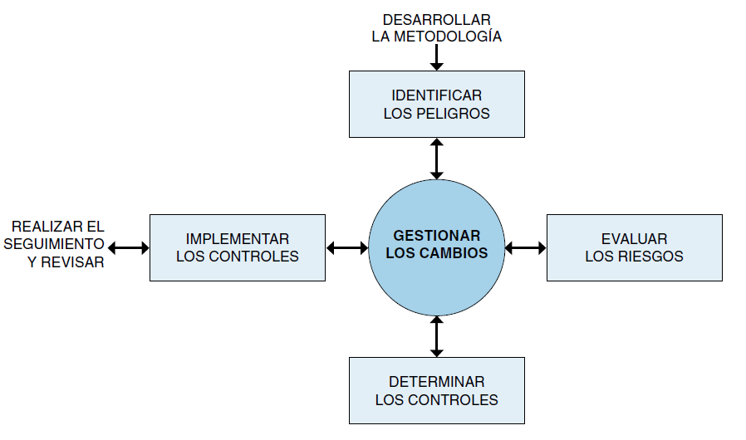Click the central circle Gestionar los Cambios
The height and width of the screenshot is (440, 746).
tap(436, 247)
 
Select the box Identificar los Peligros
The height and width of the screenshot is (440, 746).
tap(437, 104)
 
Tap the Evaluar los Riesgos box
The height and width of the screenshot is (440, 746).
tap(634, 247)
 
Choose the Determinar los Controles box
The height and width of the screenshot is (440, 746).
tap(437, 390)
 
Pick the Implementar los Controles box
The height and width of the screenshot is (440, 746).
tap(238, 247)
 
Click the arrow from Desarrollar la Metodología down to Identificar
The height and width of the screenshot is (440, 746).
tap(436, 57)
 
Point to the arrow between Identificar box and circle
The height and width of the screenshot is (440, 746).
tap(436, 159)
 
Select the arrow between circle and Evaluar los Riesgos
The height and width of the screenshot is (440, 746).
tap(525, 247)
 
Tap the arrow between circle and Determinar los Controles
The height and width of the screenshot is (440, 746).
tap(436, 336)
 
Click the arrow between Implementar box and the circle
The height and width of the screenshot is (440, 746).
tap(347, 247)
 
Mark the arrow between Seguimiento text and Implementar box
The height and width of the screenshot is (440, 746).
tap(129, 247)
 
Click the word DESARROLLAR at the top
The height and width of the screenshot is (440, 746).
tap(437, 20)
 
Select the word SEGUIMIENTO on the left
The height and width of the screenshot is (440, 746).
tap(54, 244)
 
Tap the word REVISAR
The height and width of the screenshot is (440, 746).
tap(72, 262)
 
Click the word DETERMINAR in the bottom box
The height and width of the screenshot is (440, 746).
tap(437, 382)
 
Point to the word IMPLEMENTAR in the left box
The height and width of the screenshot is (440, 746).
tap(238, 238)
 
